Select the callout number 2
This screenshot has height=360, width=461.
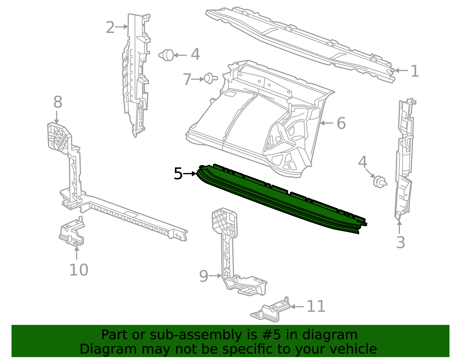(110, 28)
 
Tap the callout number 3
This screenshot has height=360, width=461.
(400, 242)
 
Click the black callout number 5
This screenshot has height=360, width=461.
(178, 174)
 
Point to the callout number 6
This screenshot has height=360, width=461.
(341, 123)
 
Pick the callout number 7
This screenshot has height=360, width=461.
(187, 79)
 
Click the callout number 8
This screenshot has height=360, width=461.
(58, 102)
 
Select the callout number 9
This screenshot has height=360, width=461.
(203, 276)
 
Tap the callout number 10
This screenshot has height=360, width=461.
(79, 270)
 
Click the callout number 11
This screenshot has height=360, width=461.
(316, 306)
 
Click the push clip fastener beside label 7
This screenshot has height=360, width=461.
(210, 78)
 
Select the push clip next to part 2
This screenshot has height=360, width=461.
(167, 55)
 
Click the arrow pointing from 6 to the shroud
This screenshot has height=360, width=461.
(326, 123)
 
